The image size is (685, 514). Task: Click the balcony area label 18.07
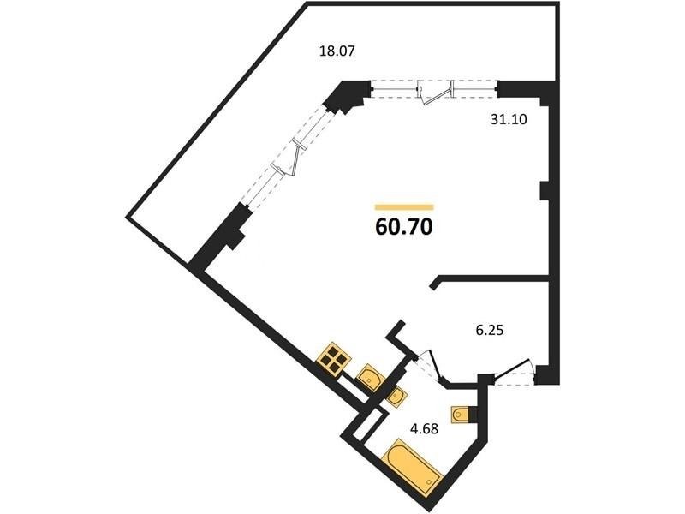tap(337, 51)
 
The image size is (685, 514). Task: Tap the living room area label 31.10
tap(509, 119)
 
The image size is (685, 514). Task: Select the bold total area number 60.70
tap(404, 226)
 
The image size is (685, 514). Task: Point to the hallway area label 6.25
tap(489, 330)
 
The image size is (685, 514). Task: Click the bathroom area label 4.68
tap(424, 428)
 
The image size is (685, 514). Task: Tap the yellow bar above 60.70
tap(404, 207)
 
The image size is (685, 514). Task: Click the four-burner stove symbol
tap(334, 359)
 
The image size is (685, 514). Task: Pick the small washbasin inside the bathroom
tap(396, 396)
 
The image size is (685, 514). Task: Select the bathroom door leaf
tap(437, 365)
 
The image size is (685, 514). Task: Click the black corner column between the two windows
tap(346, 96)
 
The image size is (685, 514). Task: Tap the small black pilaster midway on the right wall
tap(545, 191)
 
